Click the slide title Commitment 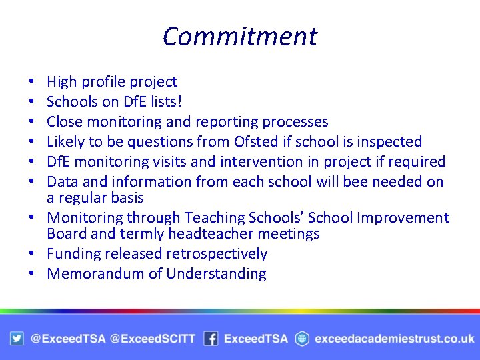(x=240, y=36)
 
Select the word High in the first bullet (x=61, y=82)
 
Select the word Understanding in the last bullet (x=216, y=273)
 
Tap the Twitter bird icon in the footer (x=17, y=339)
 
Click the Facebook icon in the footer (x=211, y=339)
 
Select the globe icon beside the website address (x=302, y=339)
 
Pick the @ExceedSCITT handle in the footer (x=152, y=339)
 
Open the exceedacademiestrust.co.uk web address (x=395, y=339)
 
